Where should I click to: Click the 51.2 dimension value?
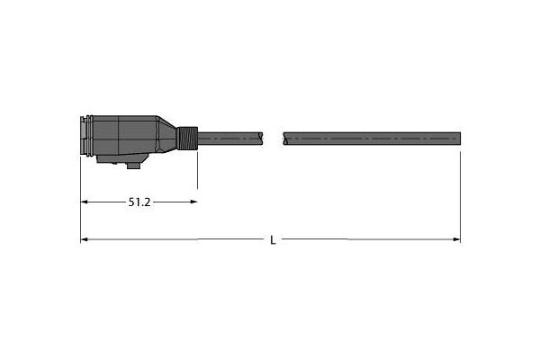click(139, 202)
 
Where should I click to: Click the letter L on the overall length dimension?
click(273, 240)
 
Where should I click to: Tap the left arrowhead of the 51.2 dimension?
click(85, 202)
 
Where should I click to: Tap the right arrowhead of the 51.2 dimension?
click(193, 202)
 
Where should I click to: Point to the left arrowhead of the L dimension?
click(85, 239)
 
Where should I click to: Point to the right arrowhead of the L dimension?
click(456, 239)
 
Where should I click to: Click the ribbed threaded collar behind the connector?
click(188, 139)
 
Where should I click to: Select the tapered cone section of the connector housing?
click(166, 135)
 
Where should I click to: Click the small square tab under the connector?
click(133, 166)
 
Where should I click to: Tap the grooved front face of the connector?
click(86, 136)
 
